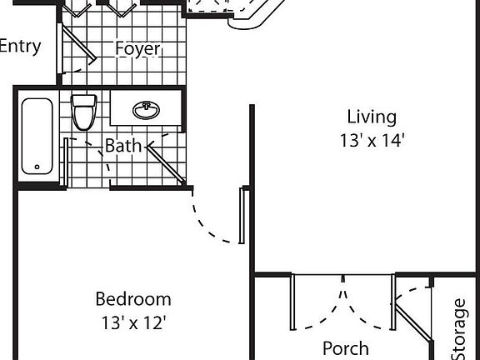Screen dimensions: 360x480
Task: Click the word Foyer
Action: pyautogui.click(x=137, y=49)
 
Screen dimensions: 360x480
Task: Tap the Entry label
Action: pyautogui.click(x=19, y=46)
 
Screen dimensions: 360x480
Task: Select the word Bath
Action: pyautogui.click(x=122, y=146)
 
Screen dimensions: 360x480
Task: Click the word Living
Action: pyautogui.click(x=372, y=117)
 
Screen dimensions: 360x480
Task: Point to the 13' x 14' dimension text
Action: pyautogui.click(x=372, y=141)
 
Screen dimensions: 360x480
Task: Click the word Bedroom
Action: pyautogui.click(x=133, y=298)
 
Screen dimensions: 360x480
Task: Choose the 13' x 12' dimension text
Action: pyautogui.click(x=133, y=322)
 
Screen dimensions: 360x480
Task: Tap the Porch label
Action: pyautogui.click(x=345, y=348)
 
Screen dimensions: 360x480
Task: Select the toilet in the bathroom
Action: pyautogui.click(x=83, y=112)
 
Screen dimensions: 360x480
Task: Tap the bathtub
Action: pyautogui.click(x=38, y=137)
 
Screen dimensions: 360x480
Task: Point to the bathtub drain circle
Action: pyautogui.click(x=37, y=167)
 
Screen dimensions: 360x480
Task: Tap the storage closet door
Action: pyautogui.click(x=412, y=322)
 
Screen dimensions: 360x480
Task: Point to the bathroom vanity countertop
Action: pyautogui.click(x=147, y=110)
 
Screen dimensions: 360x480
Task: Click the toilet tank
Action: pyautogui.click(x=83, y=102)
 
